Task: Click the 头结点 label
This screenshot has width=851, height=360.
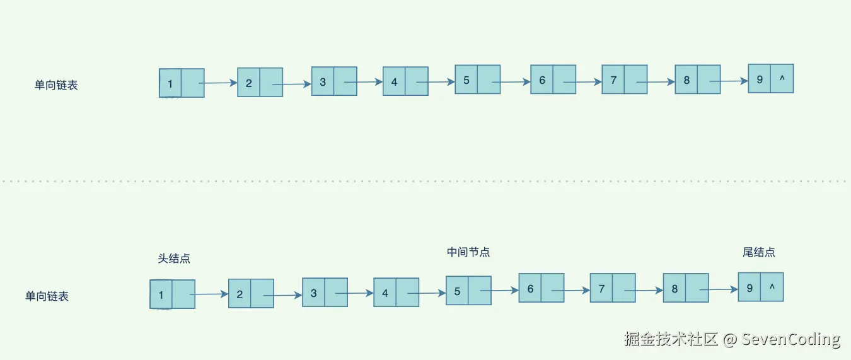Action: point(174,258)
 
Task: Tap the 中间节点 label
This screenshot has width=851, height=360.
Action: point(468,252)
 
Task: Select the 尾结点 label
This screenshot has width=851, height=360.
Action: point(759,252)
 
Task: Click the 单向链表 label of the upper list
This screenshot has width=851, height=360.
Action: point(56,85)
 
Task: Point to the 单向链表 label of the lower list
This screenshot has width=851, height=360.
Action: point(47,296)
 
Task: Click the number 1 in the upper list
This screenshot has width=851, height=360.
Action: point(170,83)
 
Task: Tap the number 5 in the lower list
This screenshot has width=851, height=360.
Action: point(457,291)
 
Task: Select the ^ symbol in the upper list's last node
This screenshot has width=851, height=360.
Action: point(782,79)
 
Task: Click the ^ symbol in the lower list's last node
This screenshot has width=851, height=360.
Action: point(772,288)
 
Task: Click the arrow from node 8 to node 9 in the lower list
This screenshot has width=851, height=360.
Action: point(719,290)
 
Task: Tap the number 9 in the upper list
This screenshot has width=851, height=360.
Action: point(760,79)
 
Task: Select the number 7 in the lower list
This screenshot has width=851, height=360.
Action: point(601,289)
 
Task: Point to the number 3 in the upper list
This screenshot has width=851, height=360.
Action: point(323,82)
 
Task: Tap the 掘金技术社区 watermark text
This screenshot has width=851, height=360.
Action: point(671,339)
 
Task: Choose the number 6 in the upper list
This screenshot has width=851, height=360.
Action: point(542,80)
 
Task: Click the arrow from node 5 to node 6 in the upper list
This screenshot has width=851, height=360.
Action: point(511,82)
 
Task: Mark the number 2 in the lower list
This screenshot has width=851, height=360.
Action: point(240,294)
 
